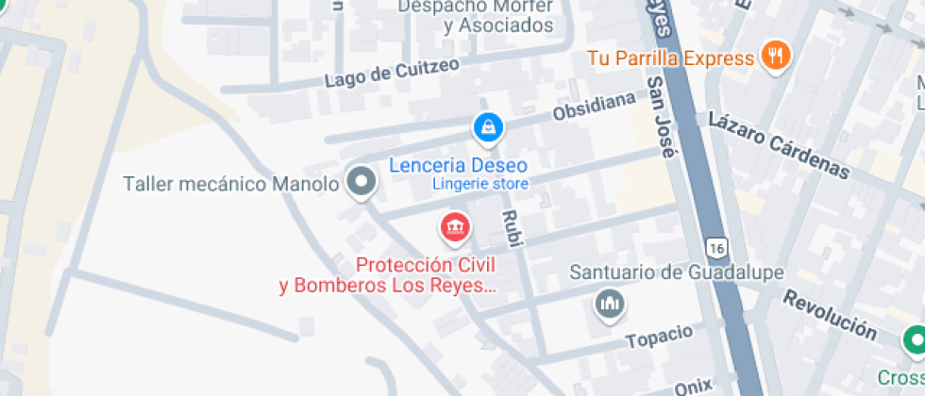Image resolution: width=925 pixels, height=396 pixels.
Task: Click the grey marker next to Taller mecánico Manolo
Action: click(360, 181)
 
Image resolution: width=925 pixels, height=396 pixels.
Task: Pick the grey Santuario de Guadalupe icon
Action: click(609, 304)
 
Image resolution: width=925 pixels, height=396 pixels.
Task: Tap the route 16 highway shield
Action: click(718, 247)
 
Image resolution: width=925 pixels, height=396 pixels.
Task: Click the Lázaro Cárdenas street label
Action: click(779, 145)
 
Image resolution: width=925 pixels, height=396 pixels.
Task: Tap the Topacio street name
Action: click(659, 335)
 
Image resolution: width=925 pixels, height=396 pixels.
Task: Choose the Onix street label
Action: click(694, 387)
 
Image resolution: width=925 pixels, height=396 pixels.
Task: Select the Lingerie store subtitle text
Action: click(480, 184)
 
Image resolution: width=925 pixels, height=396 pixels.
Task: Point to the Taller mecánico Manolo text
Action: click(230, 184)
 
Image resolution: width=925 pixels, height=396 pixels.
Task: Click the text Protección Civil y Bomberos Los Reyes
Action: click(387, 275)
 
